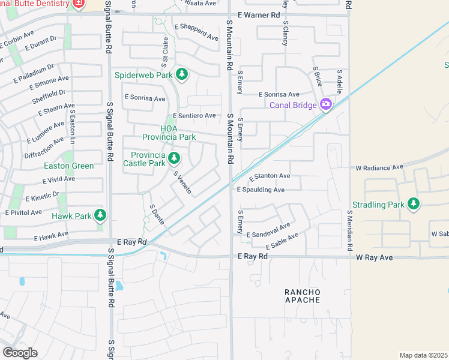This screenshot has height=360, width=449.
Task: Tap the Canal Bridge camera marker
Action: [326, 105]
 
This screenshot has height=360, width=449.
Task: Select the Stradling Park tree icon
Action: [413, 205]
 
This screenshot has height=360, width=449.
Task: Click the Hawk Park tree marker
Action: [100, 215]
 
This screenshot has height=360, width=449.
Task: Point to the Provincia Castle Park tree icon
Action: [174, 158]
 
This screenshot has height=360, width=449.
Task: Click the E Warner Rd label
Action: [259, 14]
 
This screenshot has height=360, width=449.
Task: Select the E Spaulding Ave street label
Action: [261, 190]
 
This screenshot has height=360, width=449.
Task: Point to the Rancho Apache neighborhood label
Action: [303, 296]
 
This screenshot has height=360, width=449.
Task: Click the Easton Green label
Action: [68, 166]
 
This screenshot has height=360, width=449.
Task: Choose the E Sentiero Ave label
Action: [194, 115]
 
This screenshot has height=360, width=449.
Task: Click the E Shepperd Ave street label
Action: [196, 32]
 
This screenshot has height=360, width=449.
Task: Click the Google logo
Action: [20, 352]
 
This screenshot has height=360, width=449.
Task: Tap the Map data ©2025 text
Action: [423, 355]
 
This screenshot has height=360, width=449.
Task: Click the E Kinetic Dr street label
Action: [43, 197]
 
